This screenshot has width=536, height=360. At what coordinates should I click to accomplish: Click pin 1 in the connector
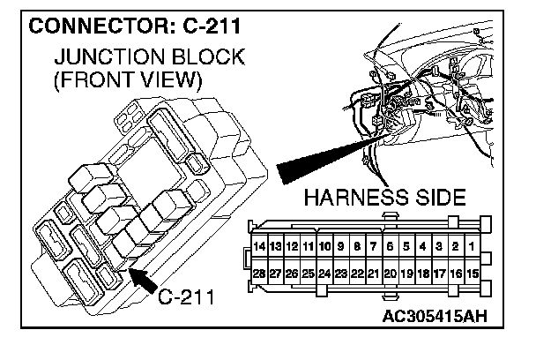473,245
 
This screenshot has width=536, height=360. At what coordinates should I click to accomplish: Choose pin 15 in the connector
473,274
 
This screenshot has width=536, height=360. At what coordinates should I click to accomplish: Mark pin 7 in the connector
374,245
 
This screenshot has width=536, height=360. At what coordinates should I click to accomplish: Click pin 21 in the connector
374,274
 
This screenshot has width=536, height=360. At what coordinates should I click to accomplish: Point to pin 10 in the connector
325,245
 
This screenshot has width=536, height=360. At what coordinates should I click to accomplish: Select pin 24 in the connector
325,274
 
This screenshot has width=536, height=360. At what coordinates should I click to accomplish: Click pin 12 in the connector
293,245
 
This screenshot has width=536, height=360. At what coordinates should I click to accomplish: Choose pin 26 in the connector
293,274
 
